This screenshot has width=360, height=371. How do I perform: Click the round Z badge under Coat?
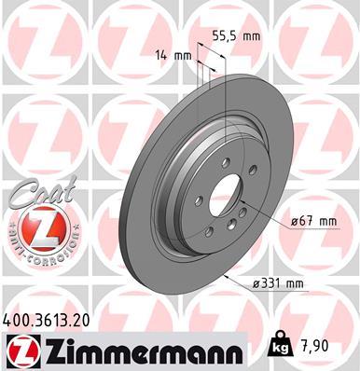[35, 231]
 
